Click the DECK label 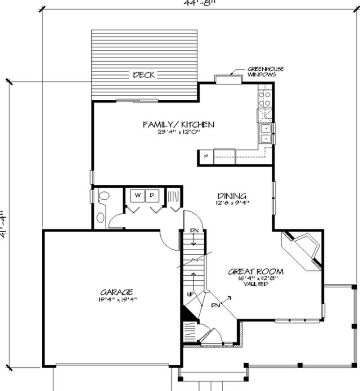click(144, 75)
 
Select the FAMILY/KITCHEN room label click(178, 125)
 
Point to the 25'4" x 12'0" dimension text click(178, 132)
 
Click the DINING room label click(232, 196)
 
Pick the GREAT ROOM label click(256, 271)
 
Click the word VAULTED click(256, 284)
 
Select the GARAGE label click(116, 292)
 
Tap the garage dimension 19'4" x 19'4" click(116, 299)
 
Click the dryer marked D click(152, 196)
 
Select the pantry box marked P click(206, 157)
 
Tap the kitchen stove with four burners click(265, 99)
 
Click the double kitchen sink click(266, 133)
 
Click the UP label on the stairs click(191, 294)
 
